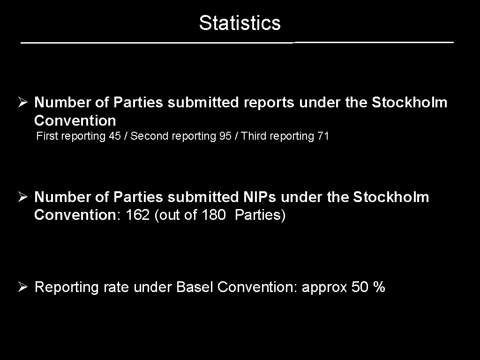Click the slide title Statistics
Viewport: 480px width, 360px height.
240,22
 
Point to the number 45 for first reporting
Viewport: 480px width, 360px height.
114,136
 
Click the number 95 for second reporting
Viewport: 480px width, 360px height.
225,136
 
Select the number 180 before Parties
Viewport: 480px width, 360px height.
213,215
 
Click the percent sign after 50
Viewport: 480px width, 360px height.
379,287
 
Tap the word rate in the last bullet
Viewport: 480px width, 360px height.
117,287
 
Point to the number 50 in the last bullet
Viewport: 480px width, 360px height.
360,287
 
